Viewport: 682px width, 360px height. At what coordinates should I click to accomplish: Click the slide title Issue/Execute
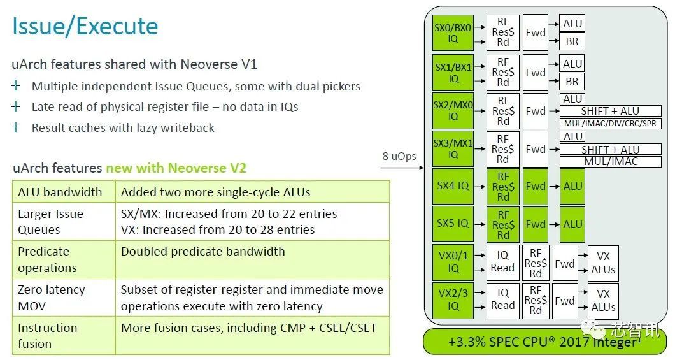(x=85, y=27)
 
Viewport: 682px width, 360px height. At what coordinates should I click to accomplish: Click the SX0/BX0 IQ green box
(x=453, y=33)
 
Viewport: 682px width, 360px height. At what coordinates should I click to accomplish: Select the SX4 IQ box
(x=453, y=186)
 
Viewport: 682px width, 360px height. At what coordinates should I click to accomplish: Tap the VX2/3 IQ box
(x=453, y=301)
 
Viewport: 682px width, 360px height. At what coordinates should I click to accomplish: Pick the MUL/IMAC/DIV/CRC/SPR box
(x=610, y=123)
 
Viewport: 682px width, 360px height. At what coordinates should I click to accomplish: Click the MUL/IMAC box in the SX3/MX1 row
(x=610, y=161)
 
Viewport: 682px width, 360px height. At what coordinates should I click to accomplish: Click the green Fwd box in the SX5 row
(x=536, y=224)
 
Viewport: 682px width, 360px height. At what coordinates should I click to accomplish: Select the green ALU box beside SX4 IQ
(x=572, y=186)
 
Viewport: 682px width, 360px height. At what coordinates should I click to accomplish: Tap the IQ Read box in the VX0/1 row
(x=502, y=263)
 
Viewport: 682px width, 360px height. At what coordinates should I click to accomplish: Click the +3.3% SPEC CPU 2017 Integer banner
(x=544, y=342)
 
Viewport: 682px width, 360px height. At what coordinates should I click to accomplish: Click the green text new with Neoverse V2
(x=176, y=168)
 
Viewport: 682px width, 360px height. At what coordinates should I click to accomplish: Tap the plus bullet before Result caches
(x=17, y=127)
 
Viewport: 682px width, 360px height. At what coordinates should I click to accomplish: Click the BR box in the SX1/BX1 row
(x=572, y=82)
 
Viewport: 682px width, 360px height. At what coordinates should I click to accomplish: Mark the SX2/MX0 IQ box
(x=453, y=110)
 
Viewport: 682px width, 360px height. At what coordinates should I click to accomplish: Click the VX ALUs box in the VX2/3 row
(x=602, y=301)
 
